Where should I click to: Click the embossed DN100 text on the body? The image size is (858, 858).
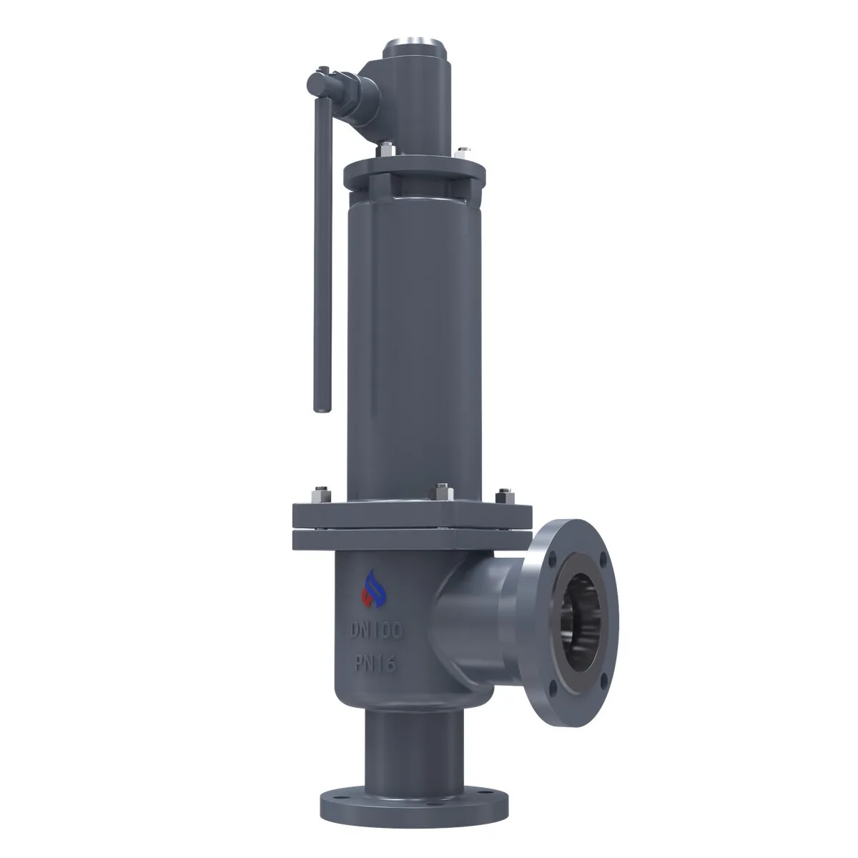pyautogui.click(x=376, y=630)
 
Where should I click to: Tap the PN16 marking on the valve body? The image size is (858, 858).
pyautogui.click(x=375, y=664)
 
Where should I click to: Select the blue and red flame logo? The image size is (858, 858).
pyautogui.click(x=373, y=589)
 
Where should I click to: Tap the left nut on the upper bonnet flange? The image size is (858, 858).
pyautogui.click(x=386, y=149)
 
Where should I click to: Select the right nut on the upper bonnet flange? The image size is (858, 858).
pyautogui.click(x=463, y=152)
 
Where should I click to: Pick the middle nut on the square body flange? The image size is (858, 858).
pyautogui.click(x=442, y=491)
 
